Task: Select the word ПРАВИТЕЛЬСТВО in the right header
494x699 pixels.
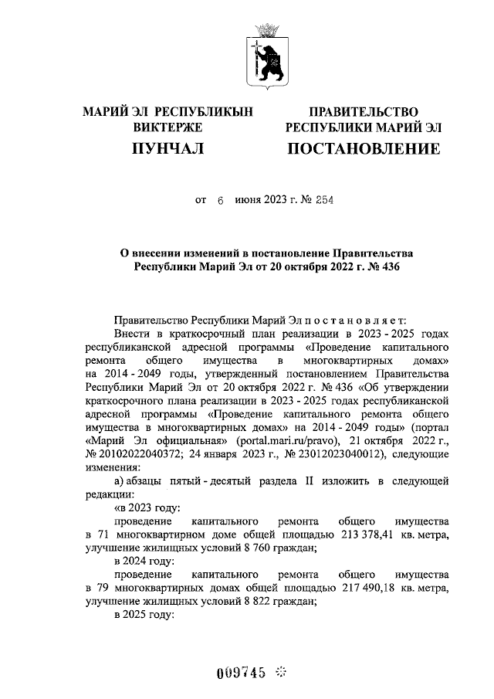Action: click(x=363, y=113)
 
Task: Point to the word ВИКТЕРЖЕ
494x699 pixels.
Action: click(x=167, y=127)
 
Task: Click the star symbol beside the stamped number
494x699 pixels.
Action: click(x=281, y=672)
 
